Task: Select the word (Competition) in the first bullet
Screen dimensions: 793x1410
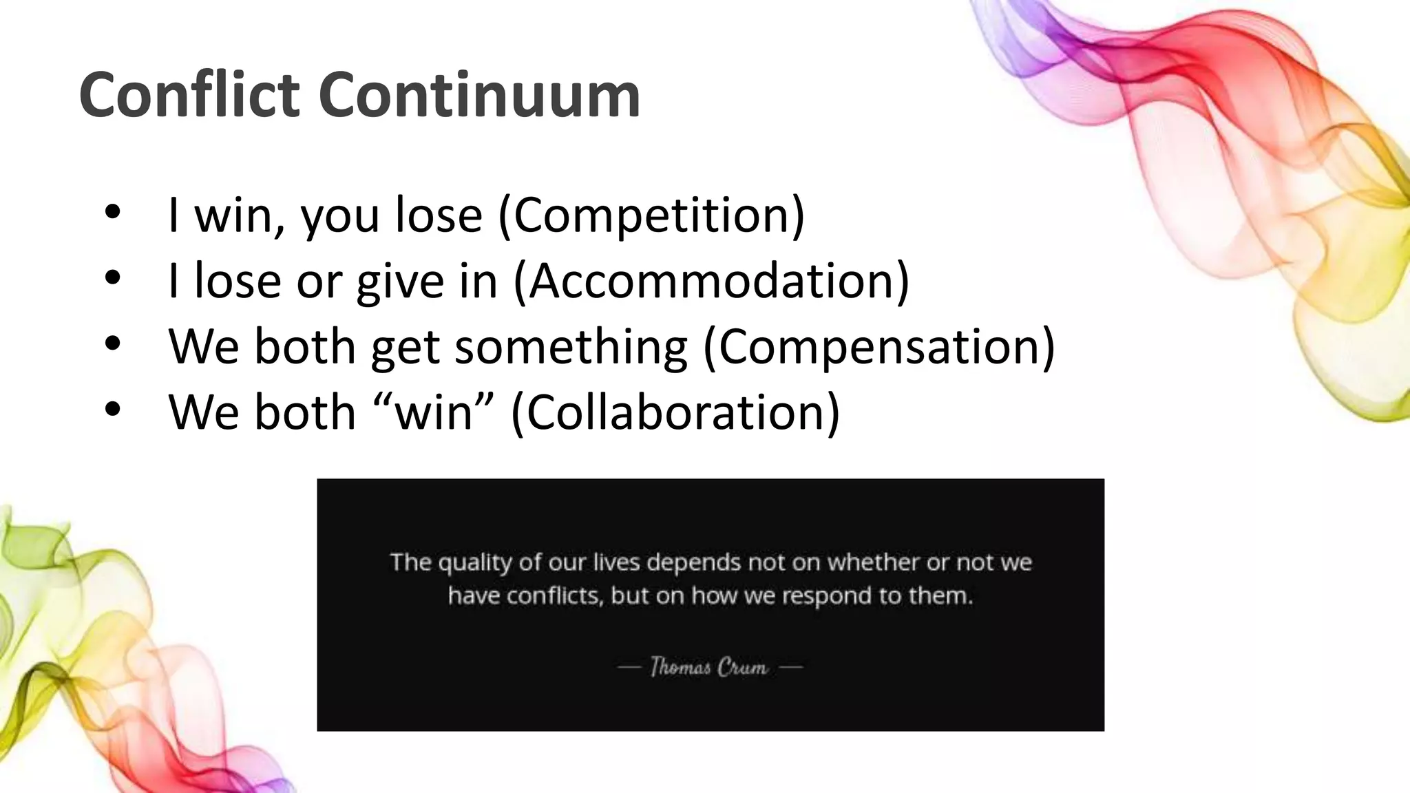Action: click(651, 215)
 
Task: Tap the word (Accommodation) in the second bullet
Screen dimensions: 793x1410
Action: click(712, 281)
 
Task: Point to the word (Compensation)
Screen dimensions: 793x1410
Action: click(878, 346)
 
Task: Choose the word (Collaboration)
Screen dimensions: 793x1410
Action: click(675, 412)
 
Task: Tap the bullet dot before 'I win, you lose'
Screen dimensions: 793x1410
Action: click(113, 212)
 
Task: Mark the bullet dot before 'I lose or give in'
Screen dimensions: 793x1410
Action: click(113, 277)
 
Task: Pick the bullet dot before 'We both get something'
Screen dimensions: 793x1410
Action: click(113, 343)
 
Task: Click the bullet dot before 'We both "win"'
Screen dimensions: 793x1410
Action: click(113, 408)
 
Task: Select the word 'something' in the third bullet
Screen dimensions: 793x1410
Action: click(571, 346)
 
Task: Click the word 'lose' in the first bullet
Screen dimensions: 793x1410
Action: click(439, 215)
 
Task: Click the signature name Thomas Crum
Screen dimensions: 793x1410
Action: click(709, 667)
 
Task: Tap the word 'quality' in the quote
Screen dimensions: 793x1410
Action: click(475, 563)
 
